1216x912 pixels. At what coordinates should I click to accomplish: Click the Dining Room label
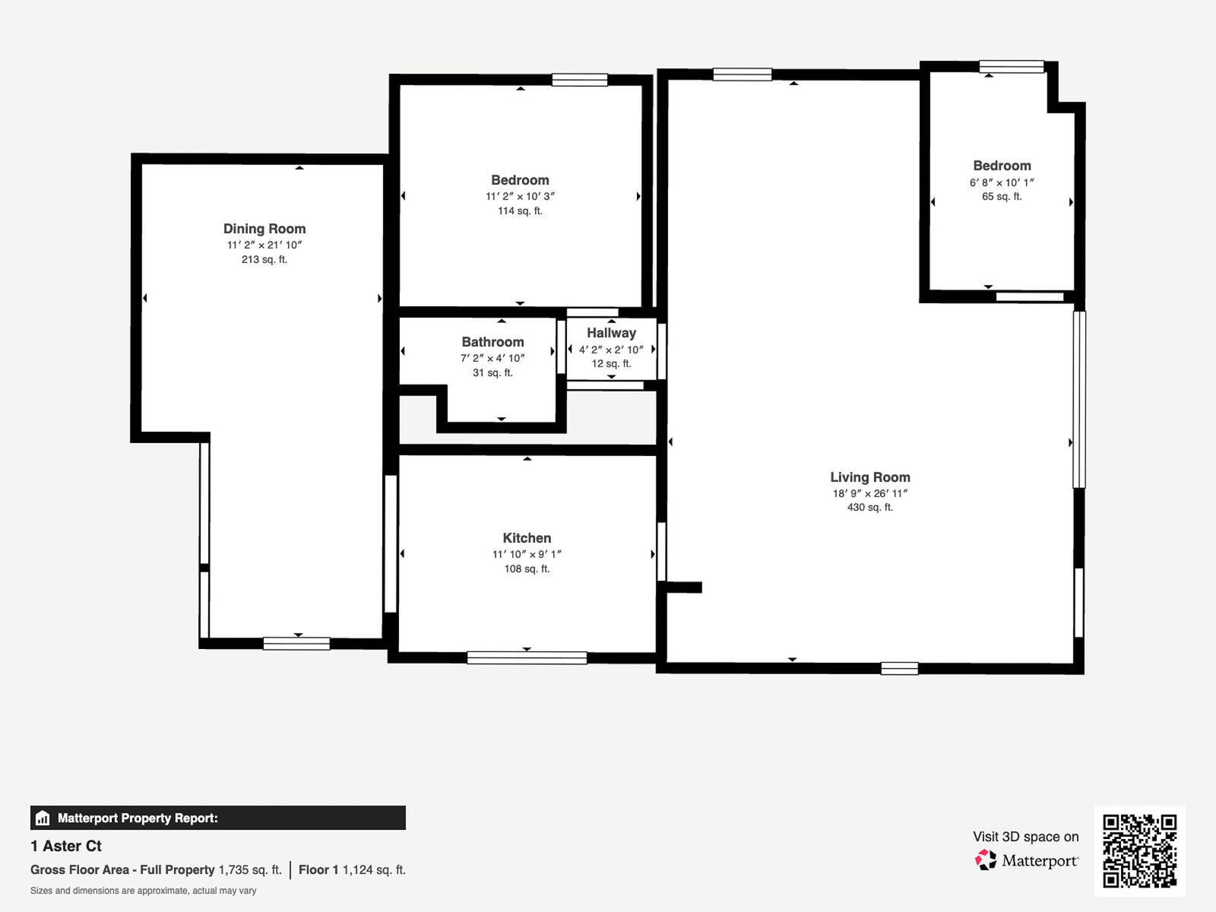[x=264, y=229]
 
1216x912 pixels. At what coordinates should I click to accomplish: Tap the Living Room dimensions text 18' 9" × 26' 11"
[x=869, y=493]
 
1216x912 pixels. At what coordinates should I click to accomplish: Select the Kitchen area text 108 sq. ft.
[x=527, y=568]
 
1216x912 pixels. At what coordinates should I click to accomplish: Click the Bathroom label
[x=492, y=342]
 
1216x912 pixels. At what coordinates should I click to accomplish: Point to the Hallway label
[x=611, y=333]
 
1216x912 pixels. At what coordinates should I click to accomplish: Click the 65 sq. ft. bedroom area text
[x=1002, y=196]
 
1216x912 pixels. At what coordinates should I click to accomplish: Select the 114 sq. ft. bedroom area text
[x=520, y=211]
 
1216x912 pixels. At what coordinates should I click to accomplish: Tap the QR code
[x=1139, y=850]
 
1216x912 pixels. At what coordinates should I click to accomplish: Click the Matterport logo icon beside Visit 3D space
[x=986, y=860]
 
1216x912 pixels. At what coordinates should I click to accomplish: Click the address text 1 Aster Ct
[x=66, y=846]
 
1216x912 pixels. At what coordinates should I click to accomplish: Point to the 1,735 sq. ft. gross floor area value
[x=250, y=869]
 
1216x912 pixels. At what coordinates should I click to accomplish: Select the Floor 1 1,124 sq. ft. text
[x=352, y=869]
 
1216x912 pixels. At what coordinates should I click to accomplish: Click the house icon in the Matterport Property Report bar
[x=43, y=819]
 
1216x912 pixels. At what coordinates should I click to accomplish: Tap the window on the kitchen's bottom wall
[x=527, y=658]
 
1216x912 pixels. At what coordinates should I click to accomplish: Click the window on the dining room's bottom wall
[x=296, y=644]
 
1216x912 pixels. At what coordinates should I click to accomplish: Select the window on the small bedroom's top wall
[x=1011, y=67]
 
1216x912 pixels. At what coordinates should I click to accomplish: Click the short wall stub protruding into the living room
[x=683, y=587]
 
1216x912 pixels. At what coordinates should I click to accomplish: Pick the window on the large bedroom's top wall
[x=579, y=80]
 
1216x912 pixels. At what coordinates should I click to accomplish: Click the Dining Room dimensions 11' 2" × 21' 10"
[x=264, y=245]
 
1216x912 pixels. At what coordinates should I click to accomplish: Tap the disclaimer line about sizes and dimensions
[x=143, y=891]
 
